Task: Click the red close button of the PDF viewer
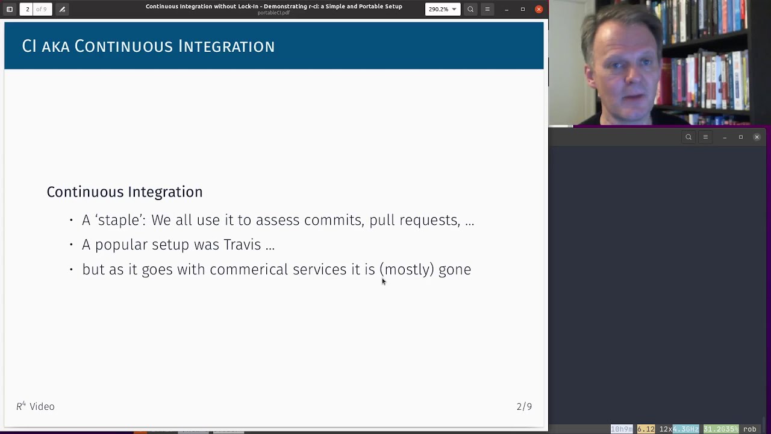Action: coord(538,9)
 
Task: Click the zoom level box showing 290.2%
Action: coord(442,9)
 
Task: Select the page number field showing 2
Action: coord(27,9)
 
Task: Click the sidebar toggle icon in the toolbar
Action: coord(10,9)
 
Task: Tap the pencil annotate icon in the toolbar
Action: coord(62,9)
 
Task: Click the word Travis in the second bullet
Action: coord(242,245)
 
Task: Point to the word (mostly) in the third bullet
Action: coord(406,269)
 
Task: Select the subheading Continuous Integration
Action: coord(124,192)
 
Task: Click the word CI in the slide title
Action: coord(29,46)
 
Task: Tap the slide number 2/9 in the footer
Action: coord(524,406)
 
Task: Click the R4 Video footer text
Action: coord(36,406)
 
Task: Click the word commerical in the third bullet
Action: coord(248,269)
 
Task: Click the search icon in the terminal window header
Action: coord(688,137)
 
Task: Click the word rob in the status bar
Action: coord(749,429)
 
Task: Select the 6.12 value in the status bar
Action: coord(646,429)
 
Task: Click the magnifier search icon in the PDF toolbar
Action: coord(470,9)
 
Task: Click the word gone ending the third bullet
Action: coord(454,269)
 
